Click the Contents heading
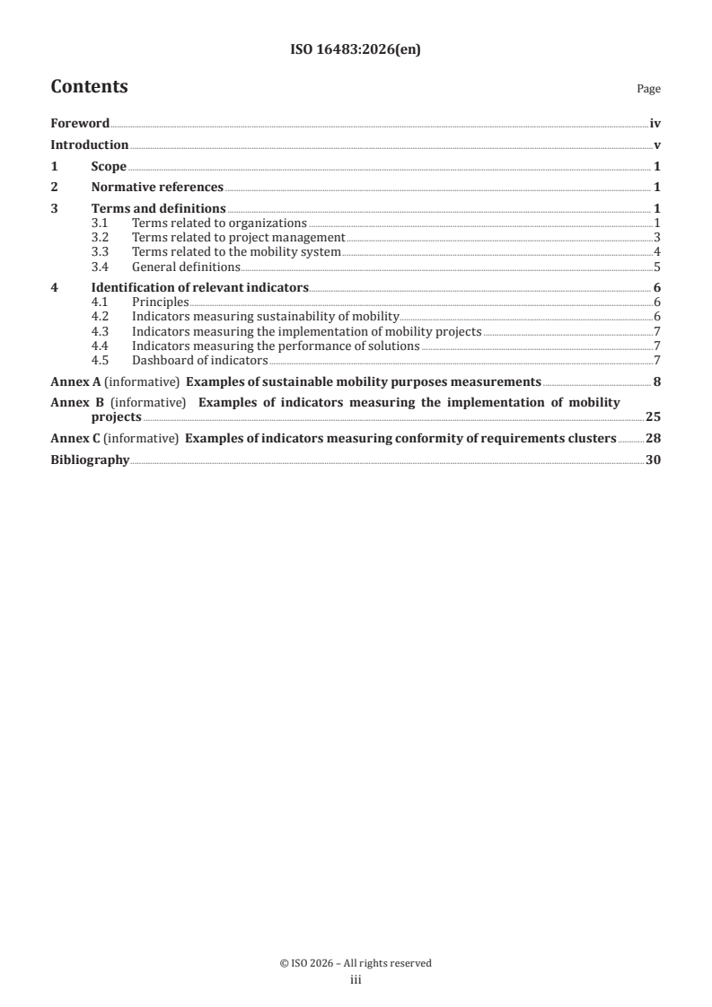click(x=89, y=87)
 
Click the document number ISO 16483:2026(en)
click(x=356, y=50)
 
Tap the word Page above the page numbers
click(x=648, y=89)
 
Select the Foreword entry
click(x=80, y=124)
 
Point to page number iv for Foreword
click(x=655, y=124)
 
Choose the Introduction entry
click(x=89, y=145)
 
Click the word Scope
click(x=109, y=167)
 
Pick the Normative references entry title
click(x=157, y=188)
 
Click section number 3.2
click(x=101, y=238)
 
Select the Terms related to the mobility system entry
click(x=236, y=252)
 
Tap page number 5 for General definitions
click(x=657, y=267)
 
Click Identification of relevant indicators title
click(x=200, y=288)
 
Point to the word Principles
click(x=160, y=302)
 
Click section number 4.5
click(x=101, y=360)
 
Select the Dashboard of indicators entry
click(x=199, y=360)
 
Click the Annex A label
click(x=75, y=381)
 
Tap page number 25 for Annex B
click(x=654, y=417)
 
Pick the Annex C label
click(x=75, y=439)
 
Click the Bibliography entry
click(x=90, y=460)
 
